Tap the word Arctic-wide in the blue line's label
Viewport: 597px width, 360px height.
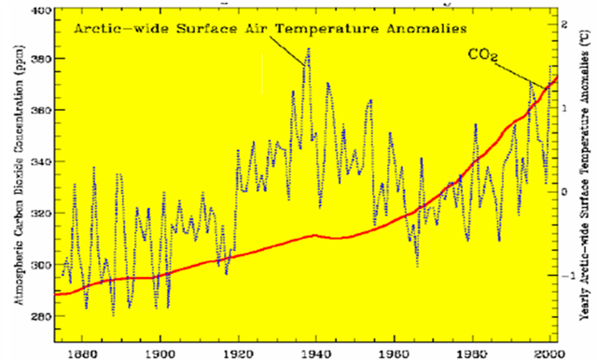click(118, 29)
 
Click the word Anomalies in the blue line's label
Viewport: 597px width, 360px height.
click(423, 29)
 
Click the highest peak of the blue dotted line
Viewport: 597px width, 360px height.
click(308, 48)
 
